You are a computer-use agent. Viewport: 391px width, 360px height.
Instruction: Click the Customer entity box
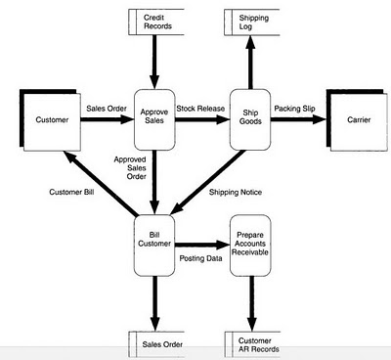tap(50, 120)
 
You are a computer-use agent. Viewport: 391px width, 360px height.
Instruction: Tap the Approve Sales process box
tap(154, 119)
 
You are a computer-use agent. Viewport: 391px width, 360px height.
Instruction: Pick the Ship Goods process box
tap(250, 119)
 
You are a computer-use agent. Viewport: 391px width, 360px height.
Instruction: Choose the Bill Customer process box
tap(154, 246)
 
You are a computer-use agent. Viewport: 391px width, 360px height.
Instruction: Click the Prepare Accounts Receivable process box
tap(250, 246)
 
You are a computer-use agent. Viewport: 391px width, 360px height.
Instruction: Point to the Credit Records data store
tap(156, 22)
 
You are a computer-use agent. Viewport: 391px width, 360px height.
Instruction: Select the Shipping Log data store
tap(252, 22)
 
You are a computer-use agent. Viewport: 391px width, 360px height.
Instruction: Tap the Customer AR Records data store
tap(253, 344)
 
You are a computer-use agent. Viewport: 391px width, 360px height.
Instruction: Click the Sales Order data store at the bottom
tap(156, 344)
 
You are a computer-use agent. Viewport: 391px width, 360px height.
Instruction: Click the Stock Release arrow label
tap(200, 109)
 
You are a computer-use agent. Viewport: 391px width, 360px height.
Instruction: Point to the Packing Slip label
tap(294, 109)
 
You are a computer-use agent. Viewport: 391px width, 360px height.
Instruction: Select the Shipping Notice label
tap(236, 193)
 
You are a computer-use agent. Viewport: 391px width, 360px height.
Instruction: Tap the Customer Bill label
tap(71, 192)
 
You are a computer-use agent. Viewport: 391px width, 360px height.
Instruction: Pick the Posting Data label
tap(200, 258)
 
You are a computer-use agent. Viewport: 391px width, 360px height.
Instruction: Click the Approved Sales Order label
tap(130, 168)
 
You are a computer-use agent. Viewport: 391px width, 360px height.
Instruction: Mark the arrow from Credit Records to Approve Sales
tap(154, 62)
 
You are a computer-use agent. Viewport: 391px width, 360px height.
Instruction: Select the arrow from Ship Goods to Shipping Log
tap(250, 62)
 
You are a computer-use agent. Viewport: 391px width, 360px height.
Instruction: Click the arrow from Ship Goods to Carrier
tap(298, 119)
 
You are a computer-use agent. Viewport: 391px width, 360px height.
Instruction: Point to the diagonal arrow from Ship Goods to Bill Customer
tap(208, 182)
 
